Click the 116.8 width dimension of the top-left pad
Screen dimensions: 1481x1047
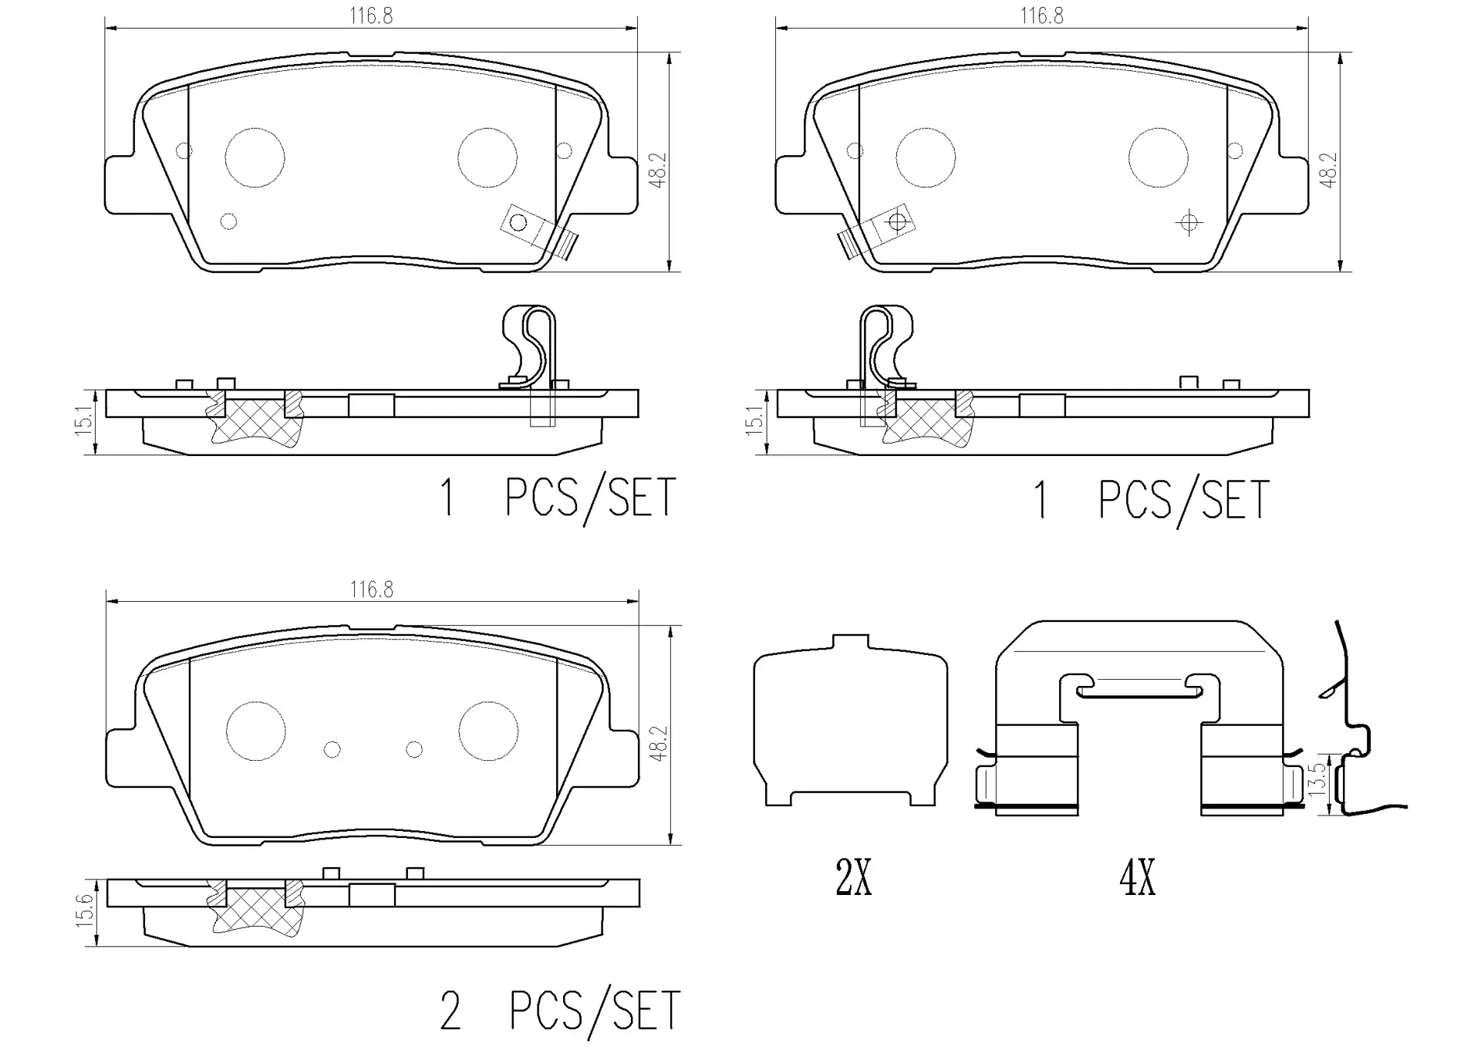point(371,16)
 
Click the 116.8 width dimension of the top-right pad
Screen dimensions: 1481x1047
point(1041,16)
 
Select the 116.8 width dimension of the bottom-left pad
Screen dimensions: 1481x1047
point(371,590)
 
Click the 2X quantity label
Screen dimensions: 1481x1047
point(854,878)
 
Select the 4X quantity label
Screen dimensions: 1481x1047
point(1138,878)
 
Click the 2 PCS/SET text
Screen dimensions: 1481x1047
point(560,1010)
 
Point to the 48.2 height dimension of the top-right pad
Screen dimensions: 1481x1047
point(1328,170)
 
